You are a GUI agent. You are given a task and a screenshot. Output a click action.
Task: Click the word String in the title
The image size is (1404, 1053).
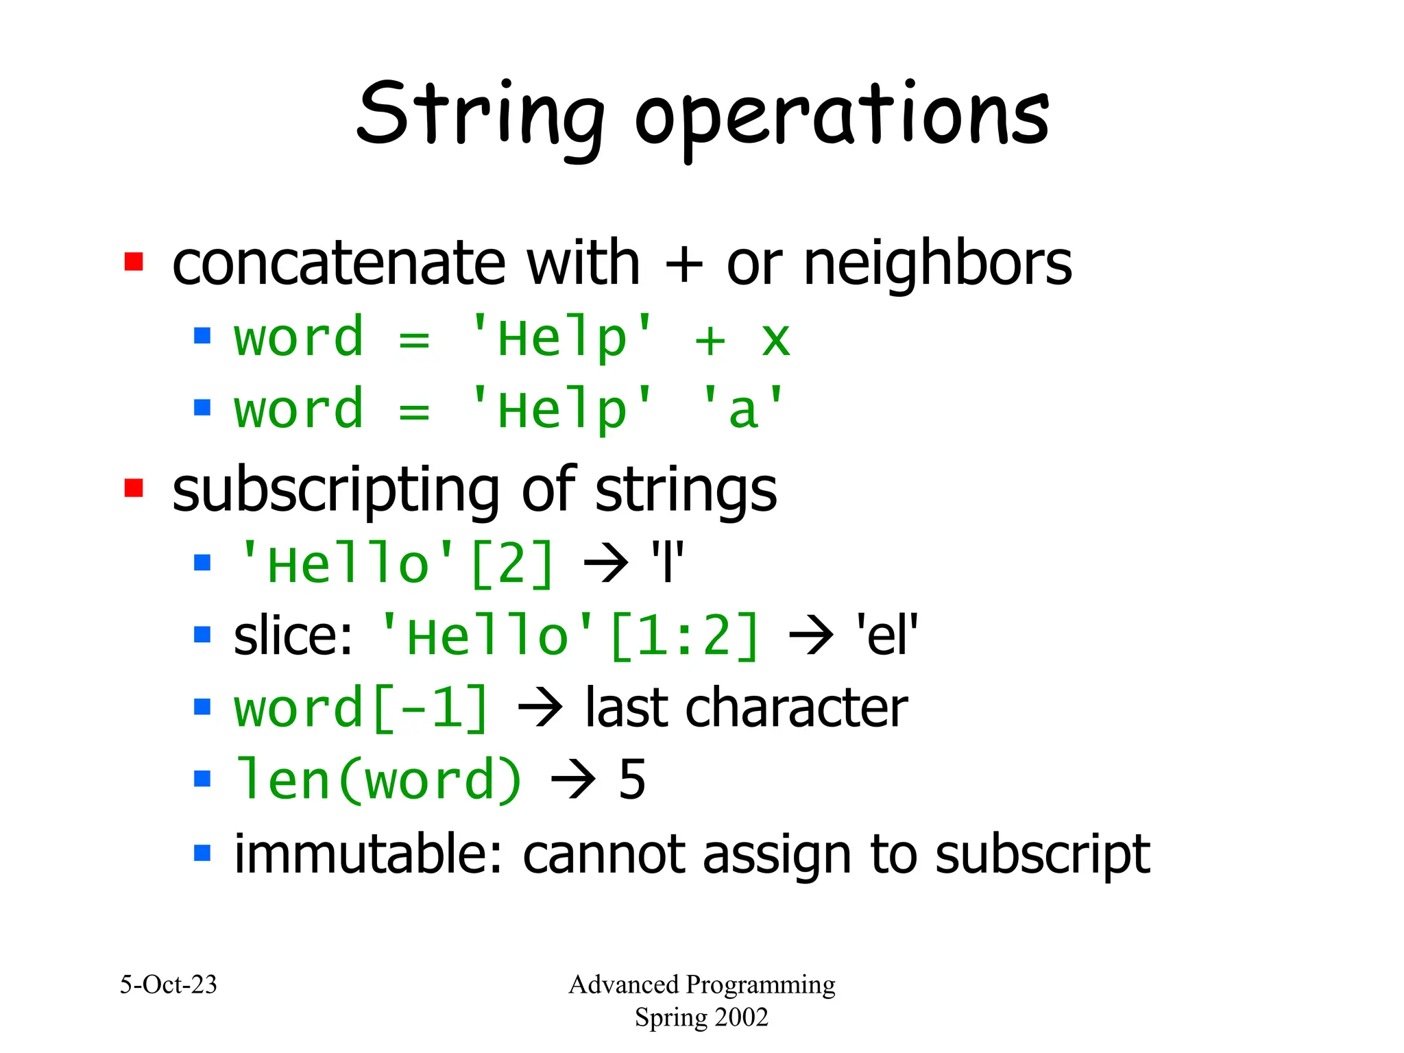(480, 115)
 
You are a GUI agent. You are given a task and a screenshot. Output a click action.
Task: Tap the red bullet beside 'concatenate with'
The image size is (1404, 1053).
(134, 262)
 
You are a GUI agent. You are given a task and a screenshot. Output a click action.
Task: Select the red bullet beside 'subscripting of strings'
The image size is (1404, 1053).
(134, 488)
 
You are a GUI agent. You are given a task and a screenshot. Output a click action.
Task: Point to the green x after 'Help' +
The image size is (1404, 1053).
(775, 339)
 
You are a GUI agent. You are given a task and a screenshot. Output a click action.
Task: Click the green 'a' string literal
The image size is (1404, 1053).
(742, 410)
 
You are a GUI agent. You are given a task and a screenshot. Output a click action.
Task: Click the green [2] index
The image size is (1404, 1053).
(512, 564)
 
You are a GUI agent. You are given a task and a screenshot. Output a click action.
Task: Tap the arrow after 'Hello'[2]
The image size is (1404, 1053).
(606, 564)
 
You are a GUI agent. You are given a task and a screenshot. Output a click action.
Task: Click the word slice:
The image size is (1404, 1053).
(293, 636)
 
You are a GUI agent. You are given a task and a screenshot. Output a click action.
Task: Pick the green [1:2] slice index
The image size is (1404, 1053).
(684, 636)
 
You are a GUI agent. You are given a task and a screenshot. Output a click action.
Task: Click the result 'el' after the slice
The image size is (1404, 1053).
(886, 636)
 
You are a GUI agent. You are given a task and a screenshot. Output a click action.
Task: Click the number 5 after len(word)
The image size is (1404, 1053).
(631, 779)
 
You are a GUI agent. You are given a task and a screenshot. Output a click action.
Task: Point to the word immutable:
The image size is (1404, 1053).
(371, 854)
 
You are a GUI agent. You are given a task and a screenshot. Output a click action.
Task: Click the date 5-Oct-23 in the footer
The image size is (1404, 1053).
(169, 984)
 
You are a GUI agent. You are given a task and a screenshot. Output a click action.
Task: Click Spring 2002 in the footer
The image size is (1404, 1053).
(701, 1017)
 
